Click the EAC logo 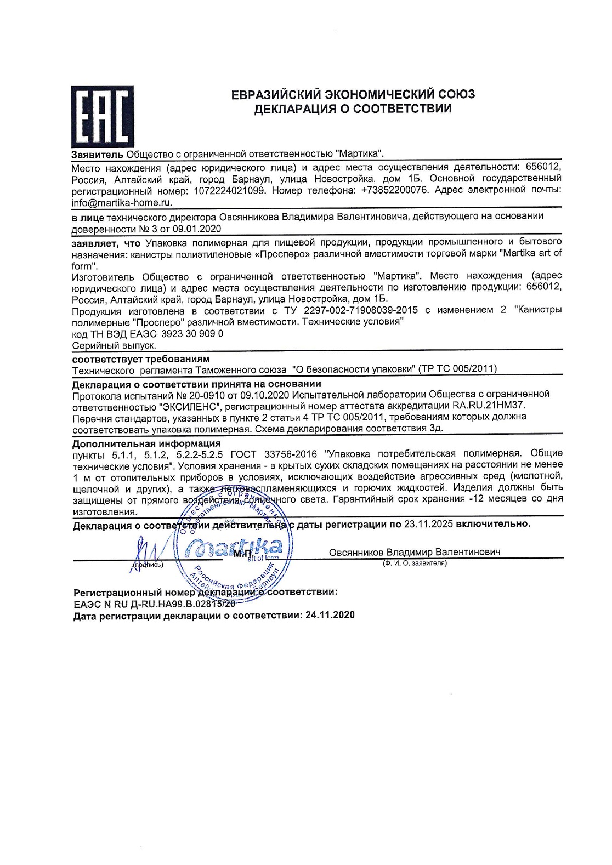(102, 116)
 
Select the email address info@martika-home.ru (122, 202)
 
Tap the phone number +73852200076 (392, 190)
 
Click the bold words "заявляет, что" (106, 242)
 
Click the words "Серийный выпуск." (114, 345)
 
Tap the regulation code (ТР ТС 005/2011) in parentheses (457, 369)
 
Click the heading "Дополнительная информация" (146, 443)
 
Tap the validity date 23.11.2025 (428, 524)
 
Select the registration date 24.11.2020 (330, 615)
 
